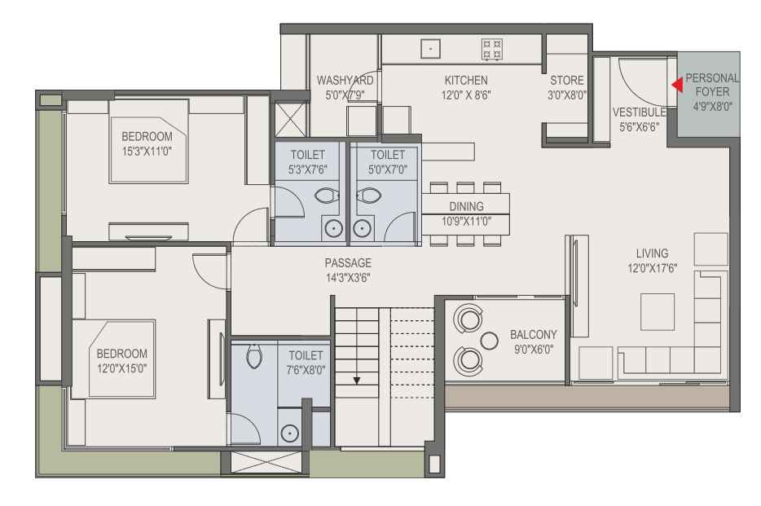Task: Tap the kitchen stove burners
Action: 491,50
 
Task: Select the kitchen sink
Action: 430,49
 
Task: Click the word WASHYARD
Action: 345,80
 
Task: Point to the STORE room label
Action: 567,80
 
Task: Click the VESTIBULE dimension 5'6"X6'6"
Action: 639,127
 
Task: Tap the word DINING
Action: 466,206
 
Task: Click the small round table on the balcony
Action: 489,341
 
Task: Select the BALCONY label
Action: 534,334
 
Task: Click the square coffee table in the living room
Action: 658,312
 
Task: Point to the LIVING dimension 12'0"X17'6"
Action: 653,268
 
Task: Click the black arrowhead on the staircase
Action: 357,381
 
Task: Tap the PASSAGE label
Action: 348,263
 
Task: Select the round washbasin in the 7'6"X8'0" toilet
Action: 290,433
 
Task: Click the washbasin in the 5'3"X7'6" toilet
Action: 333,227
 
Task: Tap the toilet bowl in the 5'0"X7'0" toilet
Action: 369,196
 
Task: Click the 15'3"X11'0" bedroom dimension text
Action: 147,152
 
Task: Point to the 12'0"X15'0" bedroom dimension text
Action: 121,368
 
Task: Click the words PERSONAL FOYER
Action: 712,85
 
